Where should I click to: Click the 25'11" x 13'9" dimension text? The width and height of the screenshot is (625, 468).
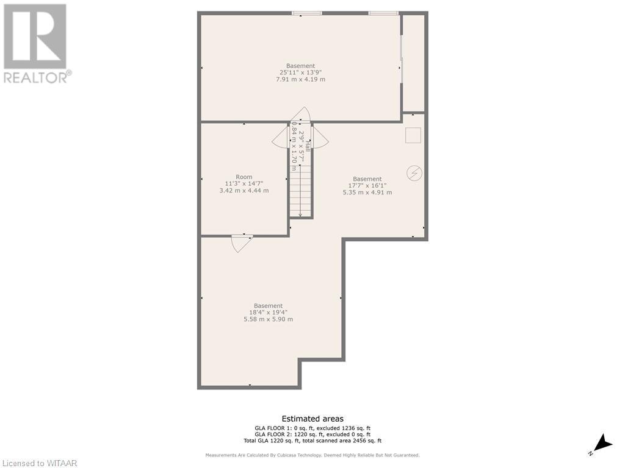pos(301,73)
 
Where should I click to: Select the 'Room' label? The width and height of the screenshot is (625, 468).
pos(244,177)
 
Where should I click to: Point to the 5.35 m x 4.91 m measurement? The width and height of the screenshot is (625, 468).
pos(367,193)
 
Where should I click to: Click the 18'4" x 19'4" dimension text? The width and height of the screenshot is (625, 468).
pos(269,313)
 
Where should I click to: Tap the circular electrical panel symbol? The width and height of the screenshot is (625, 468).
pos(414,174)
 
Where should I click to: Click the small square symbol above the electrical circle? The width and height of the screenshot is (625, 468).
pos(413,135)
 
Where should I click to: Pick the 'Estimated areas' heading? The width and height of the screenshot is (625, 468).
pos(312,419)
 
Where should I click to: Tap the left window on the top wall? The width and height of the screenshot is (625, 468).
pos(306,13)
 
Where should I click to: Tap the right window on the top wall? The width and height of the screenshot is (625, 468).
pos(383,13)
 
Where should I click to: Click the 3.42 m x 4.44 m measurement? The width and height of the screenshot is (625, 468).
pos(244,191)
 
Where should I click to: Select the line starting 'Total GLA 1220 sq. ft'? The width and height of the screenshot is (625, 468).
pos(312,441)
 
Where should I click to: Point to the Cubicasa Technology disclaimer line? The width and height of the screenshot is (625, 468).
pos(312,455)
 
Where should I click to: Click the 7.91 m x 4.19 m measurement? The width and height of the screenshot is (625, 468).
pos(301,79)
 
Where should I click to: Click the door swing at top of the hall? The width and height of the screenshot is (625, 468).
pos(300,115)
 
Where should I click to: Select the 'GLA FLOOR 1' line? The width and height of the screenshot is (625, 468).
pos(312,428)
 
